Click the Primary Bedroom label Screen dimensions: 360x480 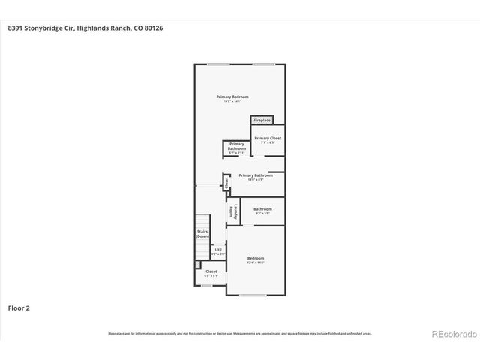click(232, 97)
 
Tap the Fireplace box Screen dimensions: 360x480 click(262, 120)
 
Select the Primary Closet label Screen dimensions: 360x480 click(267, 138)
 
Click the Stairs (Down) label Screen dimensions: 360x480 click(202, 233)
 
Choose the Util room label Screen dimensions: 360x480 click(218, 250)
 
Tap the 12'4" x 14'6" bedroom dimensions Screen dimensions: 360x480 click(256, 262)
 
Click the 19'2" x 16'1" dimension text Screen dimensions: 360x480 click(232, 101)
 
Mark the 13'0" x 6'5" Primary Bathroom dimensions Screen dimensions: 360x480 click(256, 180)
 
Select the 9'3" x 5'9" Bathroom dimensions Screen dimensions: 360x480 click(262, 214)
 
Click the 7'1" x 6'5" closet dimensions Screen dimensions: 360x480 click(267, 142)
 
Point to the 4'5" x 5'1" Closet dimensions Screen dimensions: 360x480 click(211, 275)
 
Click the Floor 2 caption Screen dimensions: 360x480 click(19, 307)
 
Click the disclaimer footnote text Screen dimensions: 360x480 click(240, 333)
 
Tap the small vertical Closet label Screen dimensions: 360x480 click(226, 182)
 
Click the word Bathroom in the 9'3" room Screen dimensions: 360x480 click(262, 209)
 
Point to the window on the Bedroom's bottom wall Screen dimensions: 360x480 click(253, 295)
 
